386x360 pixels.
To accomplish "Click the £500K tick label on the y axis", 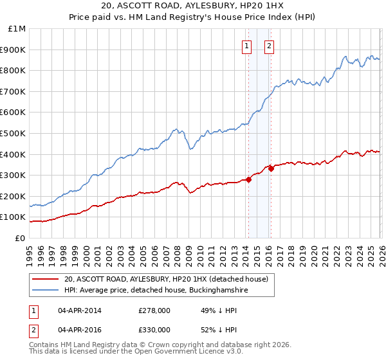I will click(x=14, y=133).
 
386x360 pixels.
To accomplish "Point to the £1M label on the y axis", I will click(x=17, y=29).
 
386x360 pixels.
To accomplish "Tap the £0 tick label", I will click(x=20, y=238).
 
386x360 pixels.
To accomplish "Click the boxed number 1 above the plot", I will click(x=247, y=46).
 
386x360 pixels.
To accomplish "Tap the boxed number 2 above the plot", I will click(x=269, y=46).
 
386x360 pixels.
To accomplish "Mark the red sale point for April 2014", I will click(x=248, y=179).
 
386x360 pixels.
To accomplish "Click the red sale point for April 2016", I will click(x=271, y=168).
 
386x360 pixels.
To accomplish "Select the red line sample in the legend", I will click(x=46, y=279).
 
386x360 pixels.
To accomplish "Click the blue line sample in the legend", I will click(x=46, y=291).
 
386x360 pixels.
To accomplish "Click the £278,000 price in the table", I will click(x=154, y=311).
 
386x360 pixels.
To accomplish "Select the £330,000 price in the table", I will click(x=154, y=329).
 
